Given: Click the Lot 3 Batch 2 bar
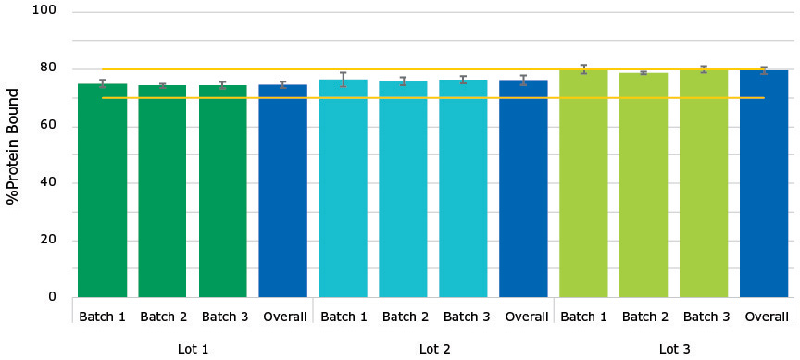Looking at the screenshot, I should (644, 185).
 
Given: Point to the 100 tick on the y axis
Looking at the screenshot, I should (45, 12).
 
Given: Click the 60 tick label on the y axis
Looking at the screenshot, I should (49, 126).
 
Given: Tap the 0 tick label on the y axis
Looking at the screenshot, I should (53, 297).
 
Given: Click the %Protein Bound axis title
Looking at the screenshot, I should (13, 145).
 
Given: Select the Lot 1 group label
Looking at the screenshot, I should (193, 349).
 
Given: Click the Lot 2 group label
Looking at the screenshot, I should (433, 349).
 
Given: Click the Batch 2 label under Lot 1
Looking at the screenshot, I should (163, 317).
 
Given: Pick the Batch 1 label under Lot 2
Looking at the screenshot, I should (344, 317).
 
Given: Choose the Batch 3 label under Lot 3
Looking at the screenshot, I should (705, 317).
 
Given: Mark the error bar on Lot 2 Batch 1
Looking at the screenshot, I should (343, 80).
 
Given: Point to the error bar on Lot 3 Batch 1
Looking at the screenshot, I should (583, 69).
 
